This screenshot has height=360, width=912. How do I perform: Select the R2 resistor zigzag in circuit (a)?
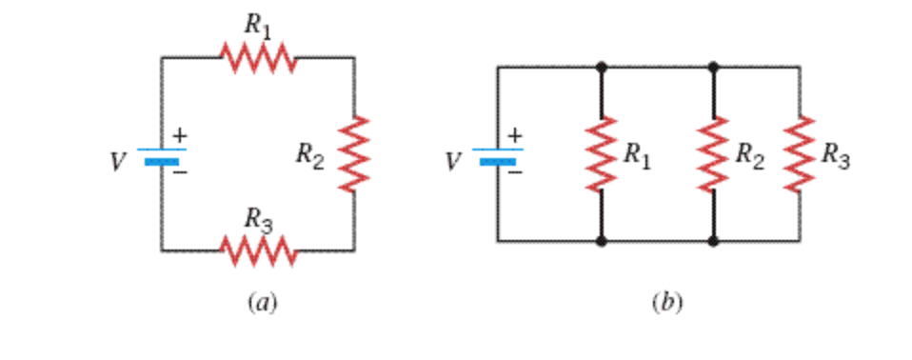pos(354,153)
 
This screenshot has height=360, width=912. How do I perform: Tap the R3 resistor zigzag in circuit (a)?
pos(259,250)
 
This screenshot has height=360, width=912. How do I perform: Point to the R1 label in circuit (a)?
pos(258,26)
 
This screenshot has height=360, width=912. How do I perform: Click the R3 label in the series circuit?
pos(258,220)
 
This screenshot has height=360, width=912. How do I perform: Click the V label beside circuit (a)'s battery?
pos(117,163)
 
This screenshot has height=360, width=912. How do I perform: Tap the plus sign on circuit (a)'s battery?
pos(179,137)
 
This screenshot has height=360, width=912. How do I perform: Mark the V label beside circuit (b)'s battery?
pos(453,163)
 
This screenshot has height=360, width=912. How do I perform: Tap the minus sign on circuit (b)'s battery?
pos(515,173)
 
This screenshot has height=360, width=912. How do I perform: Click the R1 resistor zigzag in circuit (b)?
pos(601,153)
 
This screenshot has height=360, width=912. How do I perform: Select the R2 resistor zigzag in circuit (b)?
pos(713,153)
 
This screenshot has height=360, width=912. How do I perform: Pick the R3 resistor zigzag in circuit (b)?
pos(799,153)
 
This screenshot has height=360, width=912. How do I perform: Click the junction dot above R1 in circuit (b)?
pos(601,67)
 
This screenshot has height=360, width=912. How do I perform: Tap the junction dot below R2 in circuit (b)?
pos(713,241)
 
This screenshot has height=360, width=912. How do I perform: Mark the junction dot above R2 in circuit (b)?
pos(713,67)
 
